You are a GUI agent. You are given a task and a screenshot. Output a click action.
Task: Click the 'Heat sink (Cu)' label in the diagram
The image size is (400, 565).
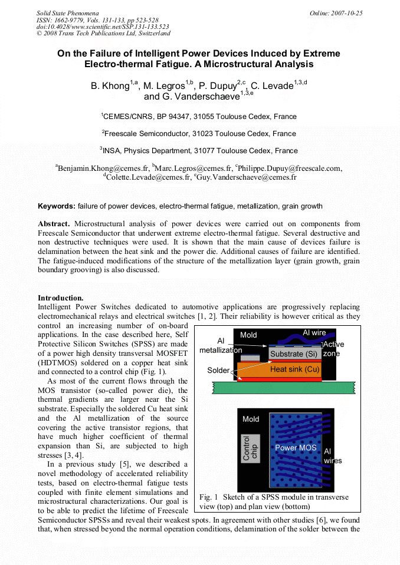pos(295,369)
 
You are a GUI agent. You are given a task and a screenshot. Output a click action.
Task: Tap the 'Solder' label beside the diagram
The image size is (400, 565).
pos(219,371)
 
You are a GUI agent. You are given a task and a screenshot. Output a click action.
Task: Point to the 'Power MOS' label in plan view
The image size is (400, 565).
pos(296,448)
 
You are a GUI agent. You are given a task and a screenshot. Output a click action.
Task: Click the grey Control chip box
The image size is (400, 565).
pos(251,447)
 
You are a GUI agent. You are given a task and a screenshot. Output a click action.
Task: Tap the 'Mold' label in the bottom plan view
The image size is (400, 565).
pos(251,419)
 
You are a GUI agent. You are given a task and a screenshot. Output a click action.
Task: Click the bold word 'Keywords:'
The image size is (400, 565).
pos(57,206)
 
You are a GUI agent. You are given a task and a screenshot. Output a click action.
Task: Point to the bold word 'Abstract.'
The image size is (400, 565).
pos(54,224)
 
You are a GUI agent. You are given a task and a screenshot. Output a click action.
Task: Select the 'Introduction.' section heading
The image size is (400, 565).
pos(61,298)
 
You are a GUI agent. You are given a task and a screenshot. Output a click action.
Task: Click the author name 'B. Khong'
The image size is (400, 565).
pos(110,86)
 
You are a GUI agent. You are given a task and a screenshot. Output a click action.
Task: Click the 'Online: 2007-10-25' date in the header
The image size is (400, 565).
pos(336,13)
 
